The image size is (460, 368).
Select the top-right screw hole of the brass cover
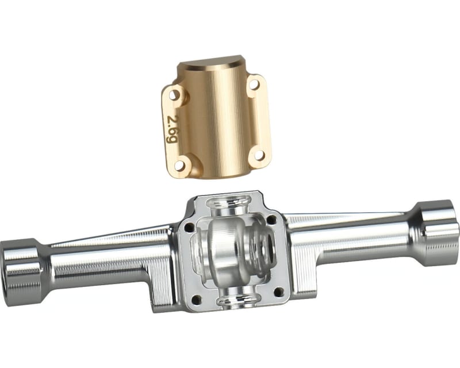click(x=254, y=85)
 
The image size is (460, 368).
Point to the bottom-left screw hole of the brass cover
click(x=181, y=165)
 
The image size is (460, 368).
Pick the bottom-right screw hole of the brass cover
click(x=258, y=155)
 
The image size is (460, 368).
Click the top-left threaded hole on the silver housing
click(x=189, y=228)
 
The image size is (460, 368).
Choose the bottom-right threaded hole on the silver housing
click(x=279, y=292)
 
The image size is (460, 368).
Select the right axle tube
click(x=351, y=236)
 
